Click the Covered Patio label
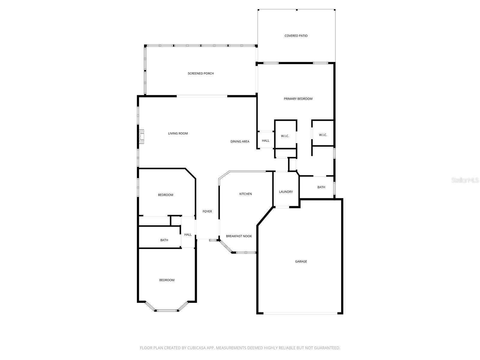point(296,36)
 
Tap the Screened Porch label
point(201,73)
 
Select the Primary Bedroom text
point(298,99)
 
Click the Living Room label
point(178,133)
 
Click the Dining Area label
point(240,142)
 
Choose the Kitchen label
point(245,194)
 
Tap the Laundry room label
point(286,192)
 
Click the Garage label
point(301,262)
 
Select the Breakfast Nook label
point(239,236)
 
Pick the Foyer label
point(207,211)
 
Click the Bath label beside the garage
point(321,187)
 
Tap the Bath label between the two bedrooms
point(164,240)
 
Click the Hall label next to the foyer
point(188,235)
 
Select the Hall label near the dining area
point(265,141)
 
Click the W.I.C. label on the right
point(323,135)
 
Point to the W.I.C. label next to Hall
point(285,136)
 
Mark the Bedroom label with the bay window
point(166,280)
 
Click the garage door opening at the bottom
point(300,313)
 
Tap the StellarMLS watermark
point(465,180)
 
